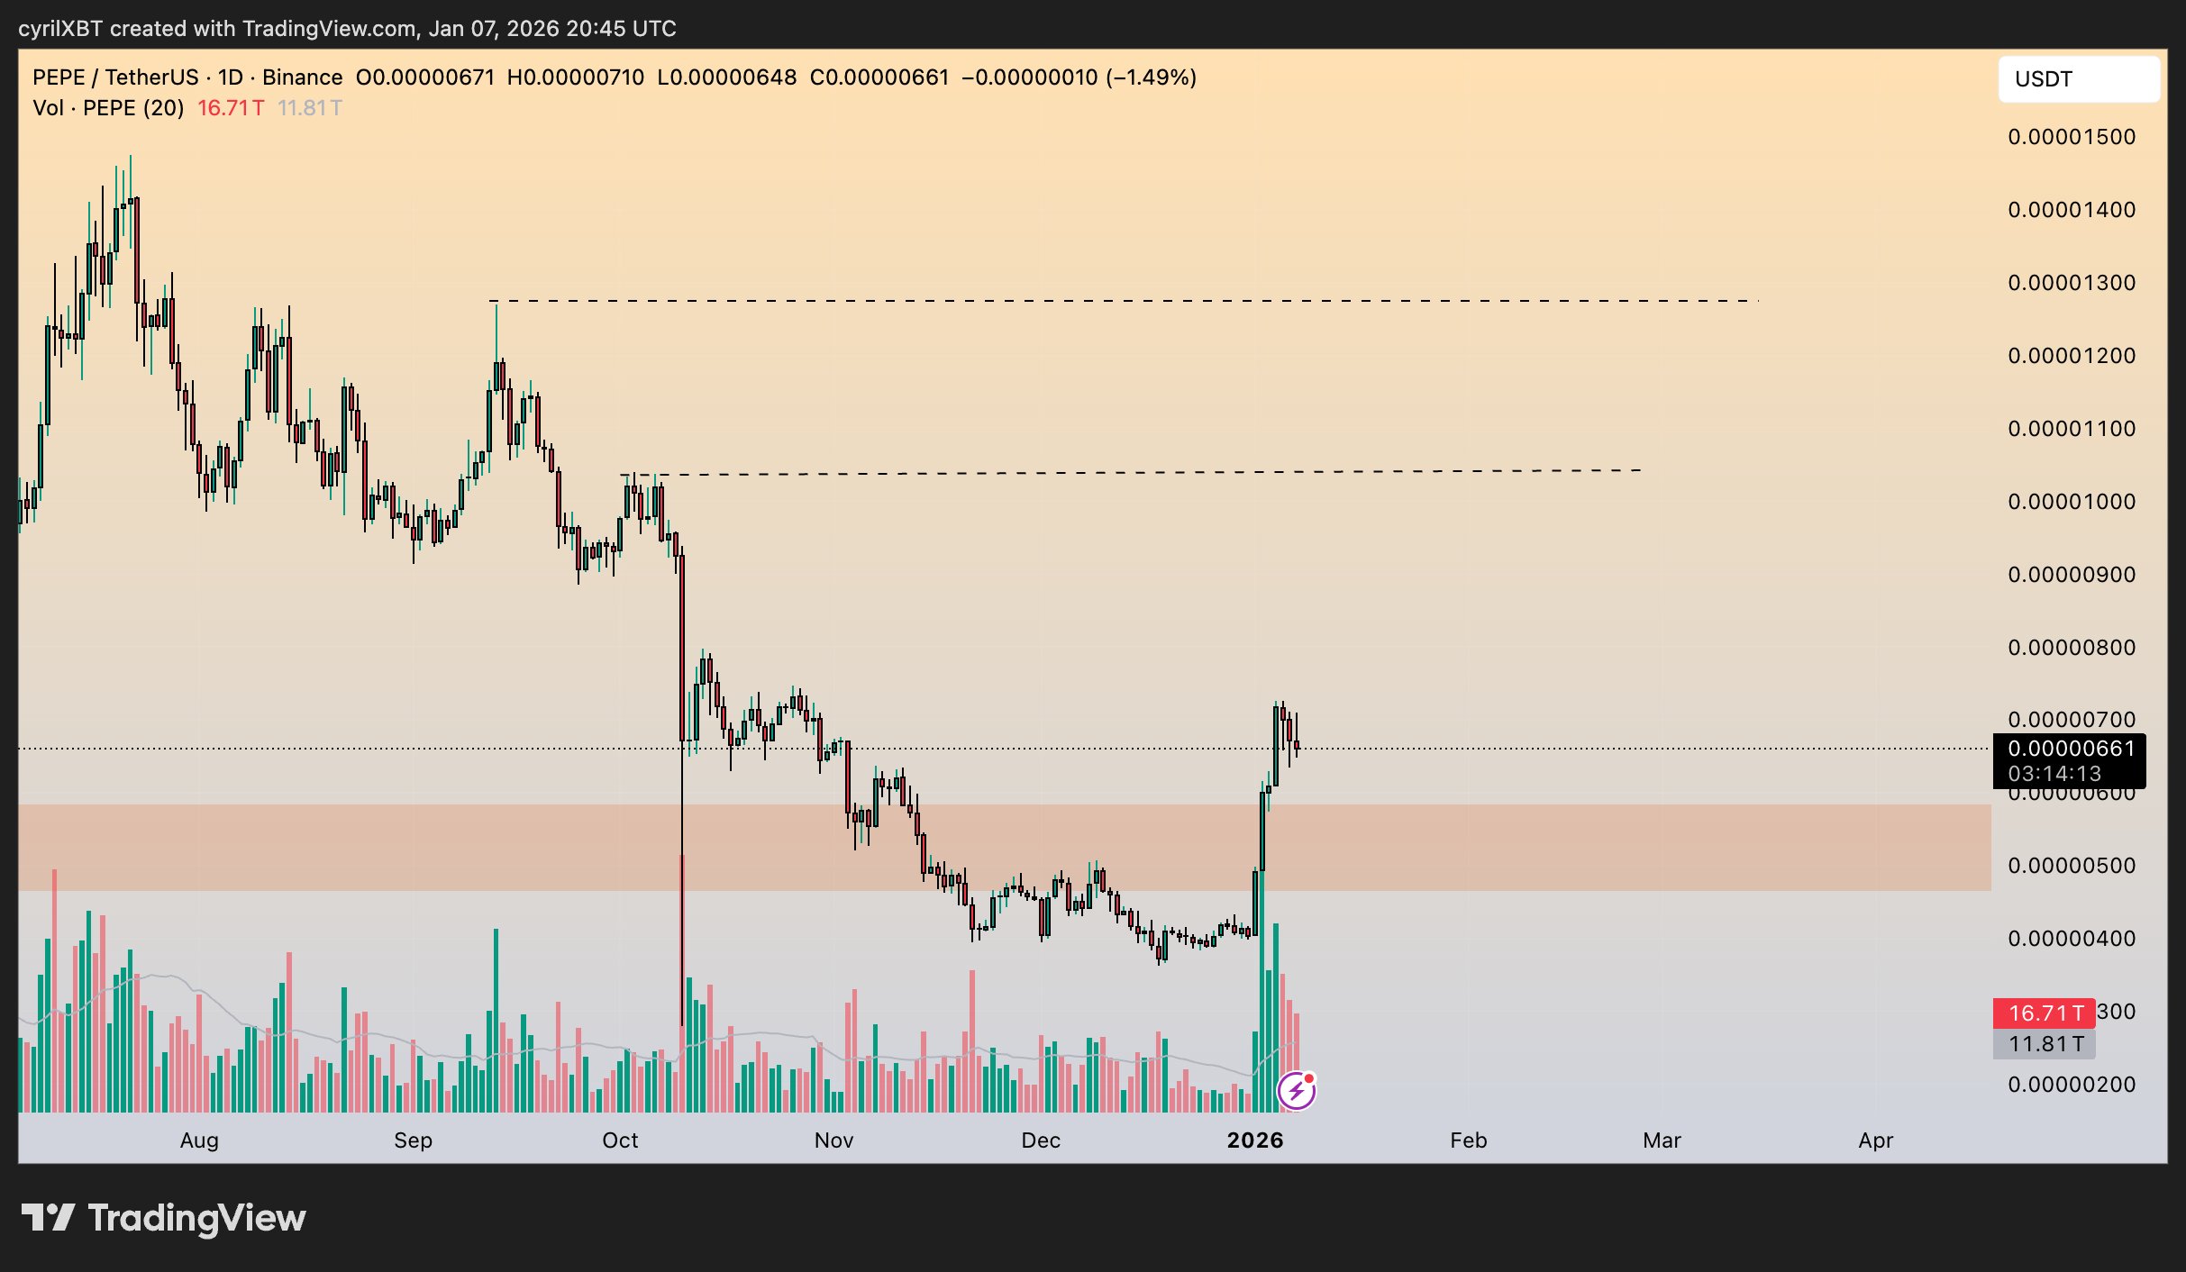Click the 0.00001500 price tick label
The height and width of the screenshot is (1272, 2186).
(2071, 137)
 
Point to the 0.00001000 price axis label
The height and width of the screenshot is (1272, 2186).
(2071, 502)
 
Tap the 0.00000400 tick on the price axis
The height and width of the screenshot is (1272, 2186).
(2071, 939)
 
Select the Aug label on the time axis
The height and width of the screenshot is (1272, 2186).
(199, 1140)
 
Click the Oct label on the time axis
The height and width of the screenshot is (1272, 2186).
(620, 1140)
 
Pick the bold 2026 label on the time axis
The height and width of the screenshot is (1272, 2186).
(1254, 1140)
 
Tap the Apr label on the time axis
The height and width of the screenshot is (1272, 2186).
(1875, 1140)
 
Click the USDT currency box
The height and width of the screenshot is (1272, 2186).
(2078, 79)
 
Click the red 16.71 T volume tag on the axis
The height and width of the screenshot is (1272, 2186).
(2045, 1013)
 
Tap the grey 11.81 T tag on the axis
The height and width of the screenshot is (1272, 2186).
(2045, 1044)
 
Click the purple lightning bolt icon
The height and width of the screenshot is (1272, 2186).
(1296, 1091)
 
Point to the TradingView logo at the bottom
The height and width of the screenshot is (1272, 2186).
(164, 1218)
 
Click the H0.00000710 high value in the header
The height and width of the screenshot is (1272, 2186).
(576, 77)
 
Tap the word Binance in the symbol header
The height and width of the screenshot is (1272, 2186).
(302, 77)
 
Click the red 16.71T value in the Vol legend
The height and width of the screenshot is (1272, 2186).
(231, 108)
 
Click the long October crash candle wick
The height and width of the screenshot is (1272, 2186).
(682, 901)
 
